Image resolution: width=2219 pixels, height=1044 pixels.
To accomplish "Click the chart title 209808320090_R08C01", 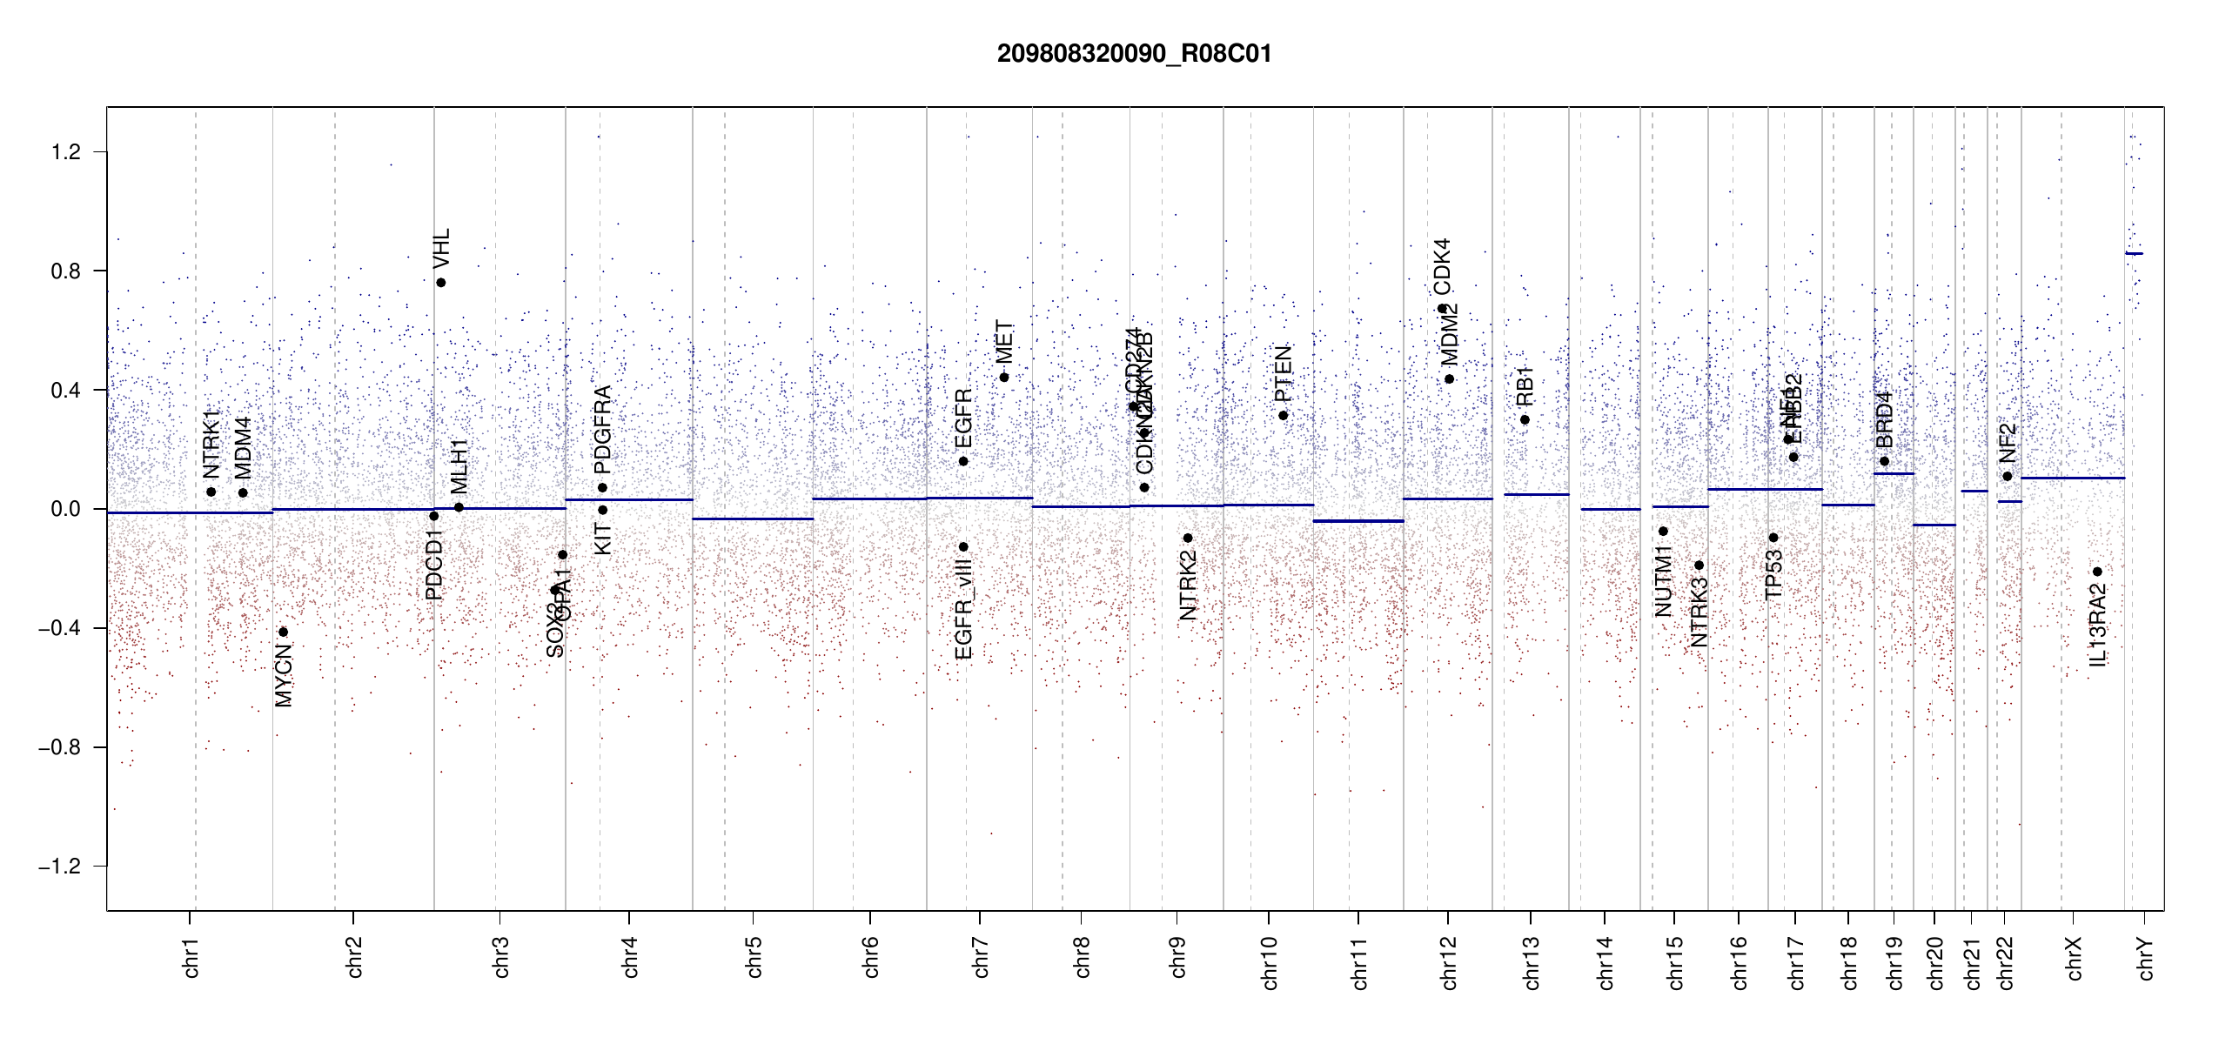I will (1134, 54).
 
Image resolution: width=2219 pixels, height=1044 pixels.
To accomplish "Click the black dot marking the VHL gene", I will (441, 283).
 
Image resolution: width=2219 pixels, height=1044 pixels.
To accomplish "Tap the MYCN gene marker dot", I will (283, 632).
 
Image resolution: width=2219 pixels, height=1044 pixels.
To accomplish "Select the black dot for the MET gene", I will (1004, 378).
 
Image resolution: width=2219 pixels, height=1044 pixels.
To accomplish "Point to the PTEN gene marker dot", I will (1283, 416).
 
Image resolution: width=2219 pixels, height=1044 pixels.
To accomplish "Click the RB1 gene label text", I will (1525, 386).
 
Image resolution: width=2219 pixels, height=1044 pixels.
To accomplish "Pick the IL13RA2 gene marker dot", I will (2097, 572).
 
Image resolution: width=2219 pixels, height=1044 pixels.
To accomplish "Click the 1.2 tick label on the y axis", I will (65, 152).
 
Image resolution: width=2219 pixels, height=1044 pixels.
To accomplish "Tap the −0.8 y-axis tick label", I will (59, 747).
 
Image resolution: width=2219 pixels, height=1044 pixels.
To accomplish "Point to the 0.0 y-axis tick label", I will (65, 509).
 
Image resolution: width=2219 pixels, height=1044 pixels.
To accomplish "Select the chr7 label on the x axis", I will (981, 957).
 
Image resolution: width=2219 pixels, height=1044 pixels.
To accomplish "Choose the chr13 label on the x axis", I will (1532, 961).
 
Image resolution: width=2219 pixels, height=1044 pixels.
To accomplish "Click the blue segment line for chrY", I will (2134, 254).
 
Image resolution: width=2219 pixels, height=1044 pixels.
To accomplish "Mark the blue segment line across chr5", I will (753, 519).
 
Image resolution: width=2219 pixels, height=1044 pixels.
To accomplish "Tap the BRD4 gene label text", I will (1884, 419).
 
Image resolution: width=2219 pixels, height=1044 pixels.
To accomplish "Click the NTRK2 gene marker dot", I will (1188, 539).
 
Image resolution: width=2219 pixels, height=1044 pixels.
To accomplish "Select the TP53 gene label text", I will (1773, 575).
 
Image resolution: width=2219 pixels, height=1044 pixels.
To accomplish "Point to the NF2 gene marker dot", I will (2008, 477).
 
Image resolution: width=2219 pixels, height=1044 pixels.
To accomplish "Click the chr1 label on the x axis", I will (191, 957).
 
